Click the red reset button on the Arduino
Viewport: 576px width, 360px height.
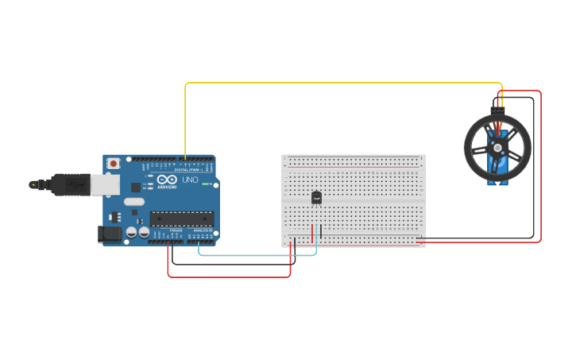(x=114, y=163)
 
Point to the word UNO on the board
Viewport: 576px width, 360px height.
(x=191, y=180)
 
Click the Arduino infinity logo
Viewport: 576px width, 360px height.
(x=166, y=180)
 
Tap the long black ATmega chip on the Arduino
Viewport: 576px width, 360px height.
(x=182, y=218)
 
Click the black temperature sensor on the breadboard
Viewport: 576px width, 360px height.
(x=316, y=198)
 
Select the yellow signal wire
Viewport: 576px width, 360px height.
(x=342, y=83)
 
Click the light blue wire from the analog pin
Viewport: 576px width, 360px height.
(x=254, y=255)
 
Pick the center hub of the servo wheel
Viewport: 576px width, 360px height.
(x=497, y=147)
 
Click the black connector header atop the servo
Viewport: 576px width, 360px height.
(x=497, y=110)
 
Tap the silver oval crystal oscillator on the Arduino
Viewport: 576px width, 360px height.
(x=134, y=202)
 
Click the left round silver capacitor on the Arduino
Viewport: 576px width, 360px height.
(x=131, y=232)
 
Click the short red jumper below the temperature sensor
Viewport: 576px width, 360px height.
(x=312, y=233)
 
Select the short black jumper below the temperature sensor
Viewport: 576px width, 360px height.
(x=321, y=233)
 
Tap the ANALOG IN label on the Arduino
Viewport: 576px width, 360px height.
(x=201, y=230)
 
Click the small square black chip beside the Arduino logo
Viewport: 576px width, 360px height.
(x=135, y=188)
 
